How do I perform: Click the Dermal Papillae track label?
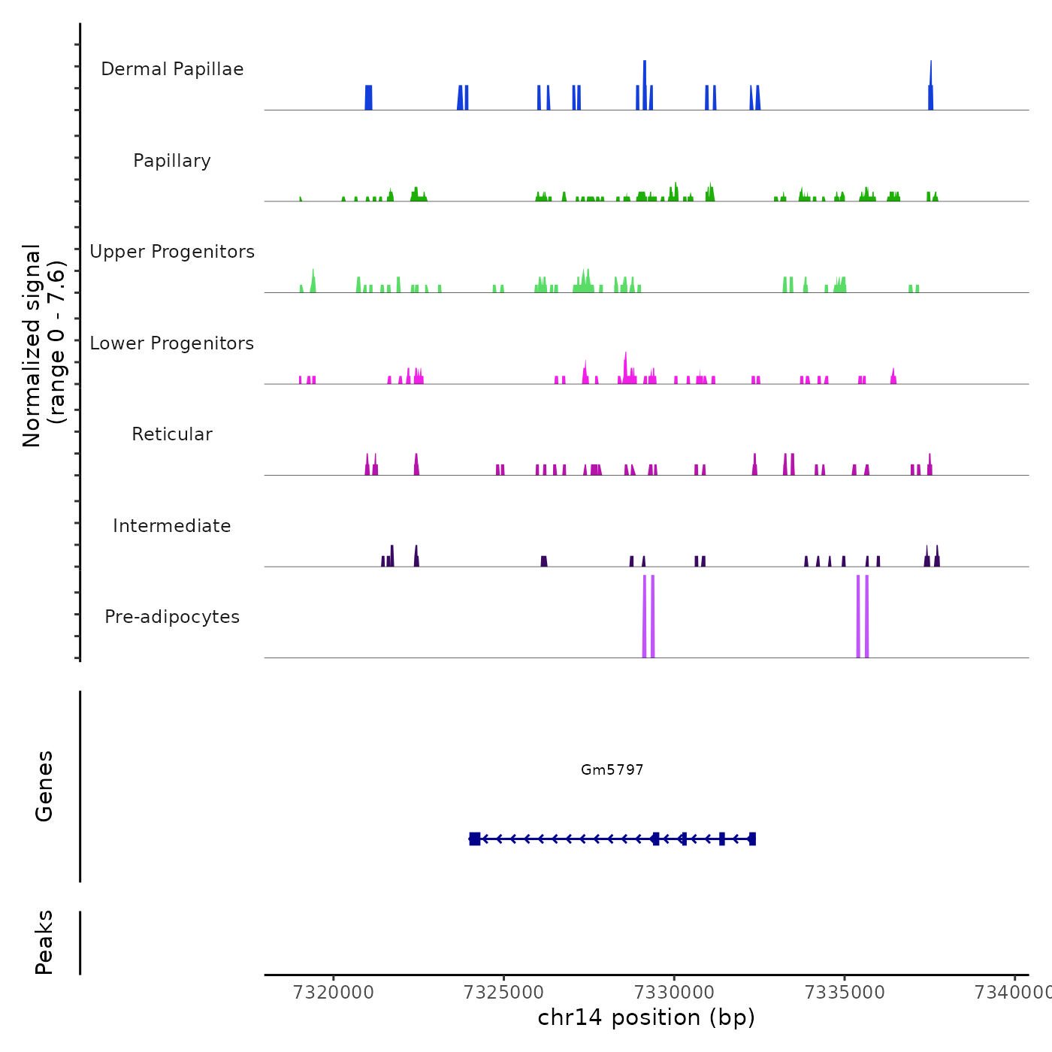click(x=172, y=69)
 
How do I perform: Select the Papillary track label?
click(x=172, y=161)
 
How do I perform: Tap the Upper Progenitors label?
click(x=172, y=252)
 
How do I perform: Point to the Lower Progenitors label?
click(x=172, y=343)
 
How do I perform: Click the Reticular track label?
click(x=172, y=434)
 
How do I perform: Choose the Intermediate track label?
click(x=172, y=526)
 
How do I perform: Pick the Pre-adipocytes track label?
click(x=172, y=617)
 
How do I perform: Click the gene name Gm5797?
click(x=612, y=769)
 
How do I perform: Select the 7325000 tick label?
click(x=504, y=993)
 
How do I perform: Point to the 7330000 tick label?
click(x=674, y=993)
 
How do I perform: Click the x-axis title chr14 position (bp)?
click(x=646, y=1017)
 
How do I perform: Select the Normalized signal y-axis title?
click(x=44, y=345)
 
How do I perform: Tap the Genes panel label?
click(x=44, y=786)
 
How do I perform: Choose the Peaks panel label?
click(x=44, y=942)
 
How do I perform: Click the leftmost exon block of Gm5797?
click(x=475, y=839)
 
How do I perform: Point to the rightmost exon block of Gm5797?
click(x=752, y=839)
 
